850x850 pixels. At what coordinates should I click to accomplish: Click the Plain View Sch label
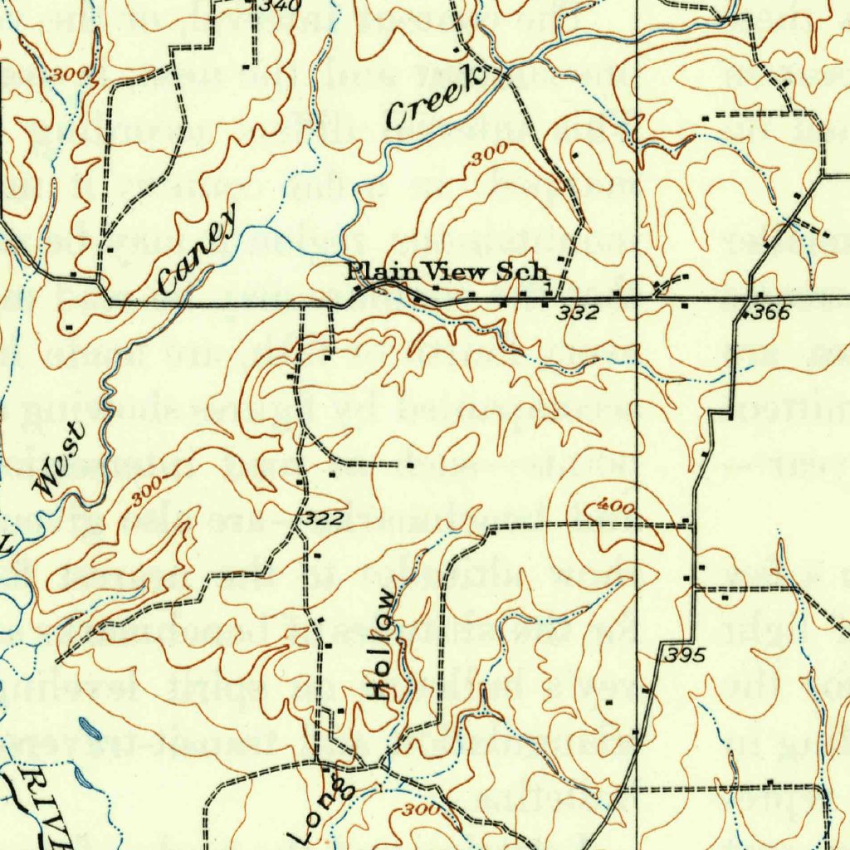pos(447,271)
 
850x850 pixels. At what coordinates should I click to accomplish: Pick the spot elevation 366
pos(768,314)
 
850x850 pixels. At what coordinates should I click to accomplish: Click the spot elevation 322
pos(322,520)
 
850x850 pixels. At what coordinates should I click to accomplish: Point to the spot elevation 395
pos(685,656)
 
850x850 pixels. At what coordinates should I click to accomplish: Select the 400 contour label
pos(616,507)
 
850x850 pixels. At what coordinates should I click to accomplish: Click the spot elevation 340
pos(267,5)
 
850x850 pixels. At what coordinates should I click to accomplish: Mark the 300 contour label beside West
pos(146,495)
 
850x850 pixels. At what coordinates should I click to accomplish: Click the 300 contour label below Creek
pos(489,158)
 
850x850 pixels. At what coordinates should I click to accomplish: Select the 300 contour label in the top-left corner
pos(68,75)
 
